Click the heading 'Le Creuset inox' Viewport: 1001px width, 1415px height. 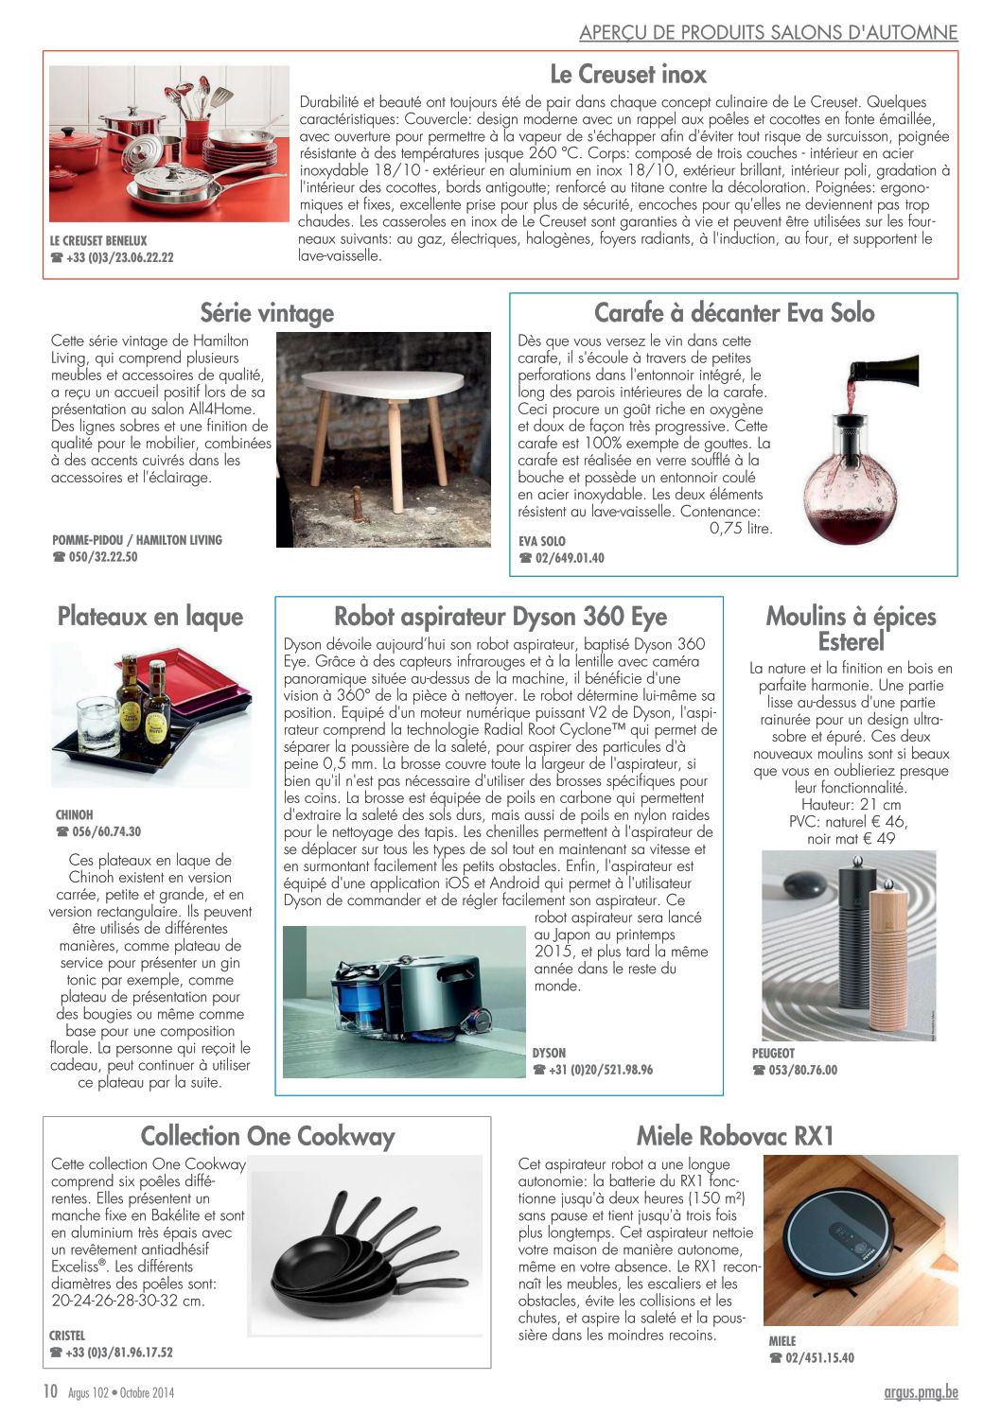click(x=628, y=74)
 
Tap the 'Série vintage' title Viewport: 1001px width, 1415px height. click(x=267, y=312)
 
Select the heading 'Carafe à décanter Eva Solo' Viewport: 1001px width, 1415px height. click(x=734, y=312)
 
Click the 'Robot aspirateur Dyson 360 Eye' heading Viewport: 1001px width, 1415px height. click(x=500, y=617)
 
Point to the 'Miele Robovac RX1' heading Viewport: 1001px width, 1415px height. click(x=735, y=1135)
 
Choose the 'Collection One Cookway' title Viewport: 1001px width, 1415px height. click(x=268, y=1136)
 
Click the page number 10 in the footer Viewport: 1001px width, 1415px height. click(x=51, y=1391)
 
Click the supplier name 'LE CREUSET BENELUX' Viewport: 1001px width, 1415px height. click(x=98, y=240)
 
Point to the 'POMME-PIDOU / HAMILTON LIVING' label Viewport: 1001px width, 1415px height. click(x=137, y=540)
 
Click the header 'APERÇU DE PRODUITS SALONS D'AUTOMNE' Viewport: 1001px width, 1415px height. click(x=768, y=32)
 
